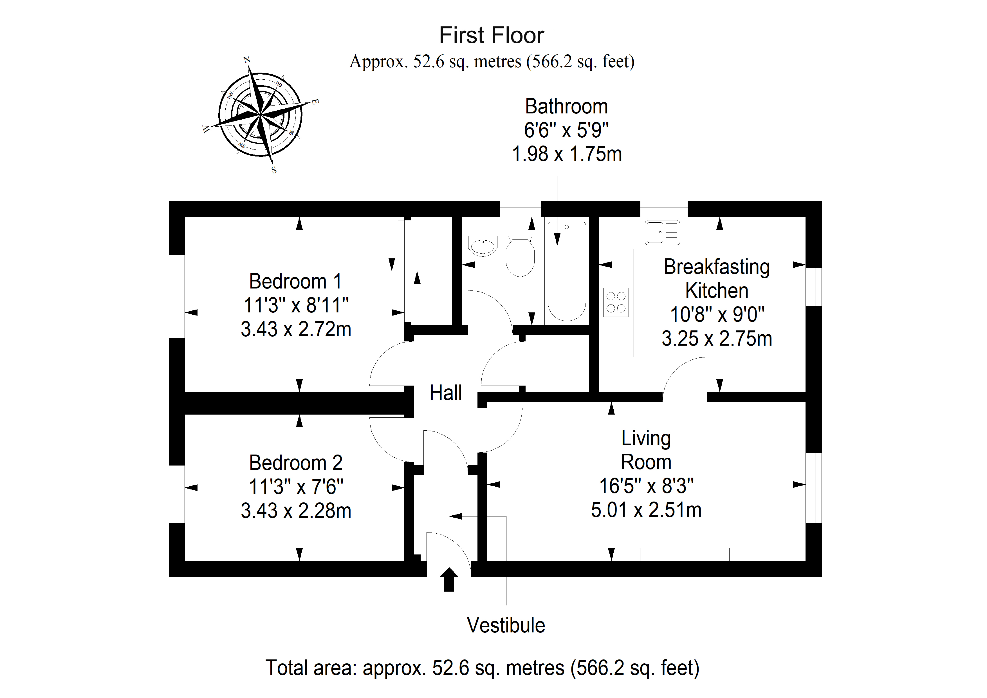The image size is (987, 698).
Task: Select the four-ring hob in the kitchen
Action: tap(616, 302)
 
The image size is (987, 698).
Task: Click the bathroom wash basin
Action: tap(483, 247)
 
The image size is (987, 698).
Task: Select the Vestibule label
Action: tap(506, 625)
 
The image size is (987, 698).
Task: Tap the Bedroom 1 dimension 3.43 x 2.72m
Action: tap(296, 329)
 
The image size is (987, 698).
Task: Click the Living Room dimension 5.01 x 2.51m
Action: tap(646, 510)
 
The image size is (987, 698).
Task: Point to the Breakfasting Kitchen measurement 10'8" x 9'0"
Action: tap(717, 314)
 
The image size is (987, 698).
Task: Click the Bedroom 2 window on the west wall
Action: tap(177, 494)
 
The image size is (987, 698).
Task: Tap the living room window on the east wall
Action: tap(813, 488)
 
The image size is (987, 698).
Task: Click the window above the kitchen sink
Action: tap(664, 209)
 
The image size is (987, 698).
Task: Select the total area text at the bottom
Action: tap(482, 668)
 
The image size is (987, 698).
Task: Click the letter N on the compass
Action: tap(247, 60)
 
